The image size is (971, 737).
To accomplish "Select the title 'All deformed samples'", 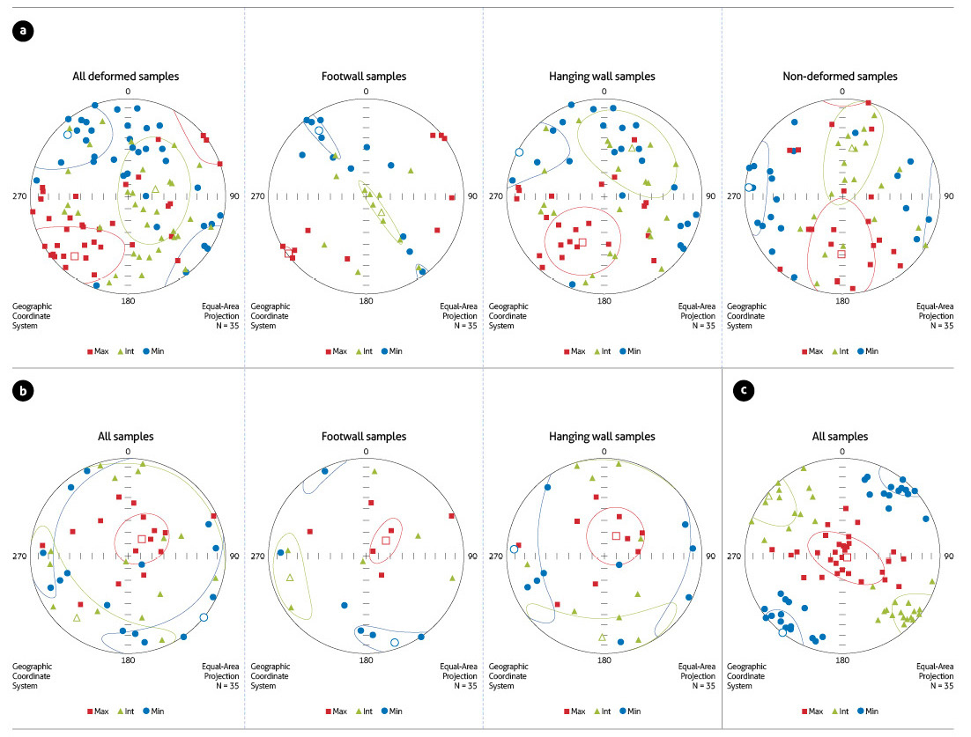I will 126,77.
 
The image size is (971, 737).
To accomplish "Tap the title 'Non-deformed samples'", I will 840,77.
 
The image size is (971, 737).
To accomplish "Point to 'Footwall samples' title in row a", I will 364,77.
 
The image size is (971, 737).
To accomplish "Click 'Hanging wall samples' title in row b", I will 602,437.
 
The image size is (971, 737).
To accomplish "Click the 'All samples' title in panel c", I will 841,437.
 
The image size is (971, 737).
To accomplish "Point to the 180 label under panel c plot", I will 841,660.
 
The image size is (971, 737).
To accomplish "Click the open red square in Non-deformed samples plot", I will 841,254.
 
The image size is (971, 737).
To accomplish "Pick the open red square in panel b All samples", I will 142,539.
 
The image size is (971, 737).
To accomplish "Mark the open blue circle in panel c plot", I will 782,631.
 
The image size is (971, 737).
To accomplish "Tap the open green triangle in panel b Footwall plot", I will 289,578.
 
